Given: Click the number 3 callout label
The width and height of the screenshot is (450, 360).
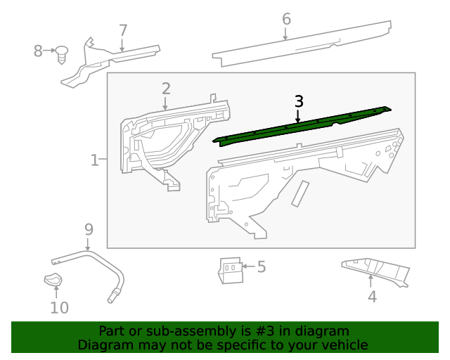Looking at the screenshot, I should point(299,101).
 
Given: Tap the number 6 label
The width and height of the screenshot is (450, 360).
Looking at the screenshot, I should point(286,19).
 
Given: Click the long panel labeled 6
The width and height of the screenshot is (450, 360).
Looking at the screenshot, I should point(302,44).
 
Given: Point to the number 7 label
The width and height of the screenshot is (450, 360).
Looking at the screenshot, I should point(123,30).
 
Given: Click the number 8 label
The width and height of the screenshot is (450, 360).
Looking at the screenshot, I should point(38,51).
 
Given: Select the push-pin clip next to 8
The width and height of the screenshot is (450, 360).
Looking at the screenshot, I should point(62,53).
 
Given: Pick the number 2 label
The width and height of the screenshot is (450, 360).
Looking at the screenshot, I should point(166,89).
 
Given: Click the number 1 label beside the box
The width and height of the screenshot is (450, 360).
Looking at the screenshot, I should point(95,161).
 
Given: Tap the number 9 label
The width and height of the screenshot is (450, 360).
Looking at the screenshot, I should point(89,229).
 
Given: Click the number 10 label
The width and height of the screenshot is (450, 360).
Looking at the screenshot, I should point(59,307).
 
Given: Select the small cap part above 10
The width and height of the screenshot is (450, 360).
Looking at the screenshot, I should point(53,281).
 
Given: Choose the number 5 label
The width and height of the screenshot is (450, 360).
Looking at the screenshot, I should point(261,266).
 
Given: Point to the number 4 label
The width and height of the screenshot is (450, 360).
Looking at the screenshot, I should point(372,297).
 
